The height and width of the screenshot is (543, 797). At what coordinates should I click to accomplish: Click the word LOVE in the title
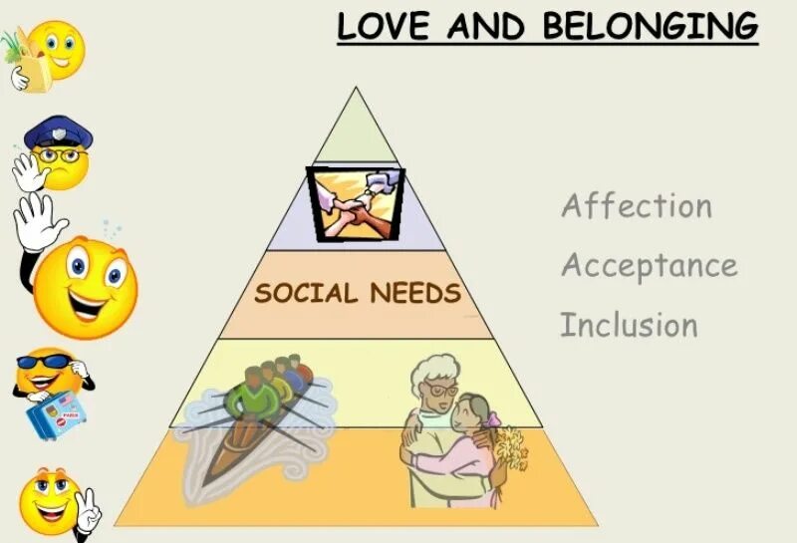(383, 25)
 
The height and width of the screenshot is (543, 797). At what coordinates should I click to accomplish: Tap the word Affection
(637, 206)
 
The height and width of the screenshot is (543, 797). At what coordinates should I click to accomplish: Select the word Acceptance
(649, 266)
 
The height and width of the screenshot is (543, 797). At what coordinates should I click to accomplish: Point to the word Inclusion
(629, 326)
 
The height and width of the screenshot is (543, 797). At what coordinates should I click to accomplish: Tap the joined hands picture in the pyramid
(356, 203)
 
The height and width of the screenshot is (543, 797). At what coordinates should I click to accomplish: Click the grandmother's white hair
(433, 370)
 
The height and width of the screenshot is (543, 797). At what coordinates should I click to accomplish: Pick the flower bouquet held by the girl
(510, 448)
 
